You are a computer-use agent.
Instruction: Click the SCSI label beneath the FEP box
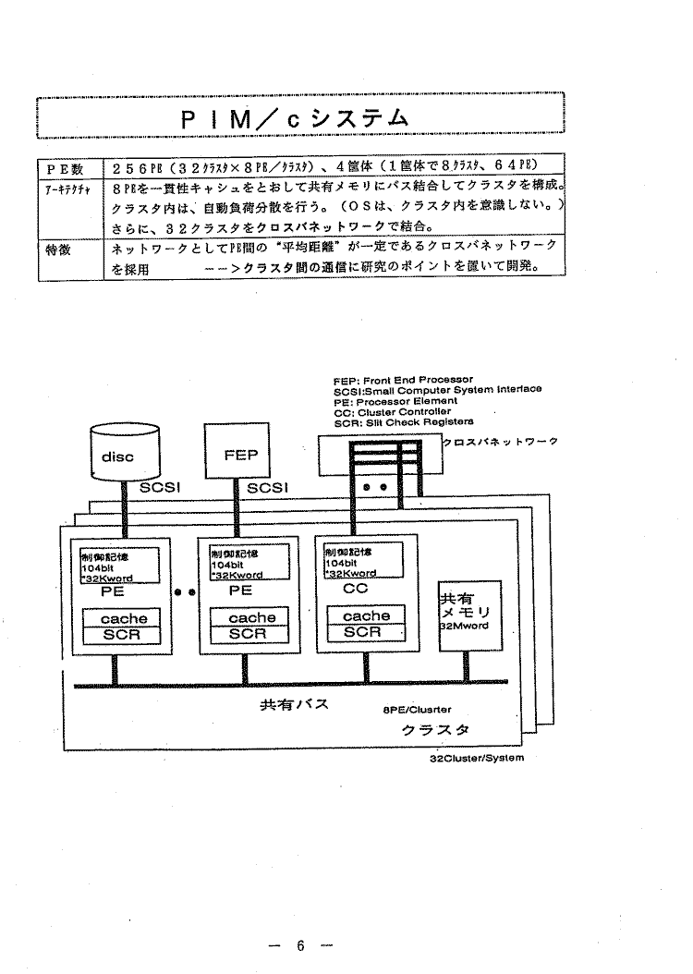pyautogui.click(x=268, y=487)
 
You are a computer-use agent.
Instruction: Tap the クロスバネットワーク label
pyautogui.click(x=501, y=442)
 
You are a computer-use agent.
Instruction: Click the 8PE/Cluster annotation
pyautogui.click(x=416, y=712)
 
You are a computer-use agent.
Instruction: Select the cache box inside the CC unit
pyautogui.click(x=366, y=615)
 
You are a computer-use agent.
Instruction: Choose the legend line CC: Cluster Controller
pyautogui.click(x=392, y=412)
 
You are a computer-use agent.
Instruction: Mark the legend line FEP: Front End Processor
pyautogui.click(x=403, y=380)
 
